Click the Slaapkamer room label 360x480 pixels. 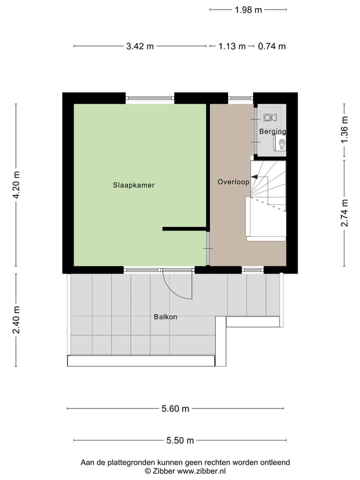point(133,185)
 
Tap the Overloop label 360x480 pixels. point(233,182)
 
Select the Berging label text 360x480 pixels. point(272,131)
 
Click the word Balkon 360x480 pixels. point(165,316)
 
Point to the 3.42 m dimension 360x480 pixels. point(140,46)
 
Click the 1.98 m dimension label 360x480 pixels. point(248,9)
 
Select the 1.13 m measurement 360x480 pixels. point(232,46)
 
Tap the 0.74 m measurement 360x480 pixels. point(272,46)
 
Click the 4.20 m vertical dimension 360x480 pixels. point(16,185)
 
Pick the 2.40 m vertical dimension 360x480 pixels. point(16,320)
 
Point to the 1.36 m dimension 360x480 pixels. point(344,130)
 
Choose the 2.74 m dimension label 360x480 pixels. point(344,212)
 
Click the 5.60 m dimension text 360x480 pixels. point(175,409)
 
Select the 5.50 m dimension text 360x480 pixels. point(180,440)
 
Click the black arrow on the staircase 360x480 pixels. point(255,176)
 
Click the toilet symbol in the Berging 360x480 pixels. point(281,144)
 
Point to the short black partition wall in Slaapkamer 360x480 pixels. point(184,228)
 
